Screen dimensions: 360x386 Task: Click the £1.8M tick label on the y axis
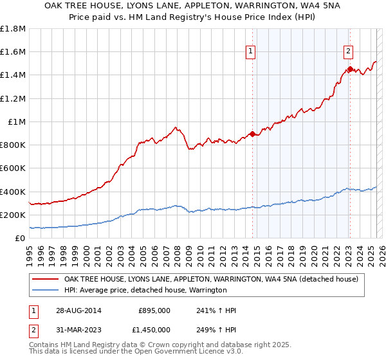coord(13,29)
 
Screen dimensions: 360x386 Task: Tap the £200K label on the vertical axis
coord(13,215)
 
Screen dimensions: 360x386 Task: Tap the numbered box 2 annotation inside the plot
coord(348,52)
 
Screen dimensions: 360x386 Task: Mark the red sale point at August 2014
coord(253,134)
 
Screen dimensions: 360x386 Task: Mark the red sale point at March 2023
coord(350,69)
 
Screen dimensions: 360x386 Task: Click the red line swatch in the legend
coord(45,279)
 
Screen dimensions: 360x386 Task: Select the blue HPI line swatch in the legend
coord(45,291)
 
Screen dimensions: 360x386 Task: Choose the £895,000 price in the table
coord(154,310)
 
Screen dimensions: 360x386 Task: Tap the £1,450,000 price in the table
coord(150,332)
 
